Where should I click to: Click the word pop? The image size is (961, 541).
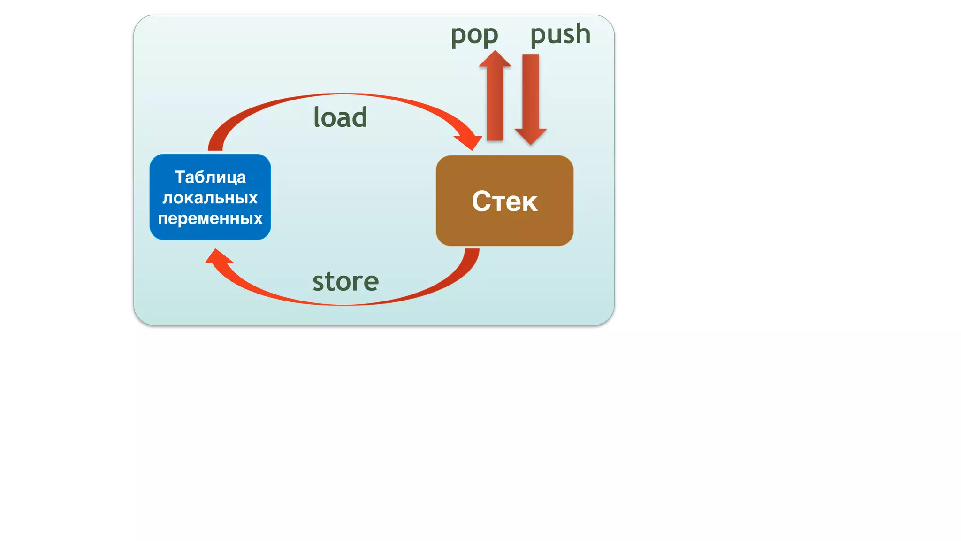pos(474,35)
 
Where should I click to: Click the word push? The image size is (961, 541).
pos(560,34)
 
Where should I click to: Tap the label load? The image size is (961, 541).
pos(340,117)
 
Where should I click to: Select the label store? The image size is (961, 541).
pos(345,281)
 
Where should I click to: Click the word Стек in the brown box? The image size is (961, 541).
pos(504,201)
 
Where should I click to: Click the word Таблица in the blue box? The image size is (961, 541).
pos(210,177)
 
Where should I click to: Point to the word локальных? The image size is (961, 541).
pos(210,198)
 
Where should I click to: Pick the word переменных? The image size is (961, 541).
pos(210,218)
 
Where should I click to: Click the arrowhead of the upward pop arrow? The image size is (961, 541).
pos(495,60)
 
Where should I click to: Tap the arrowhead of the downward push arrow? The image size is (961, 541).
pos(531,136)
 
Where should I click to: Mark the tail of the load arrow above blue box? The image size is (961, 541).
pos(215,145)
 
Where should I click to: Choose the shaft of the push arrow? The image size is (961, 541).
pos(531,92)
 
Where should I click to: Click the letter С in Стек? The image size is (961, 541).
pos(481,201)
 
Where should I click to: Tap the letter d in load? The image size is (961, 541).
pos(359,117)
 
